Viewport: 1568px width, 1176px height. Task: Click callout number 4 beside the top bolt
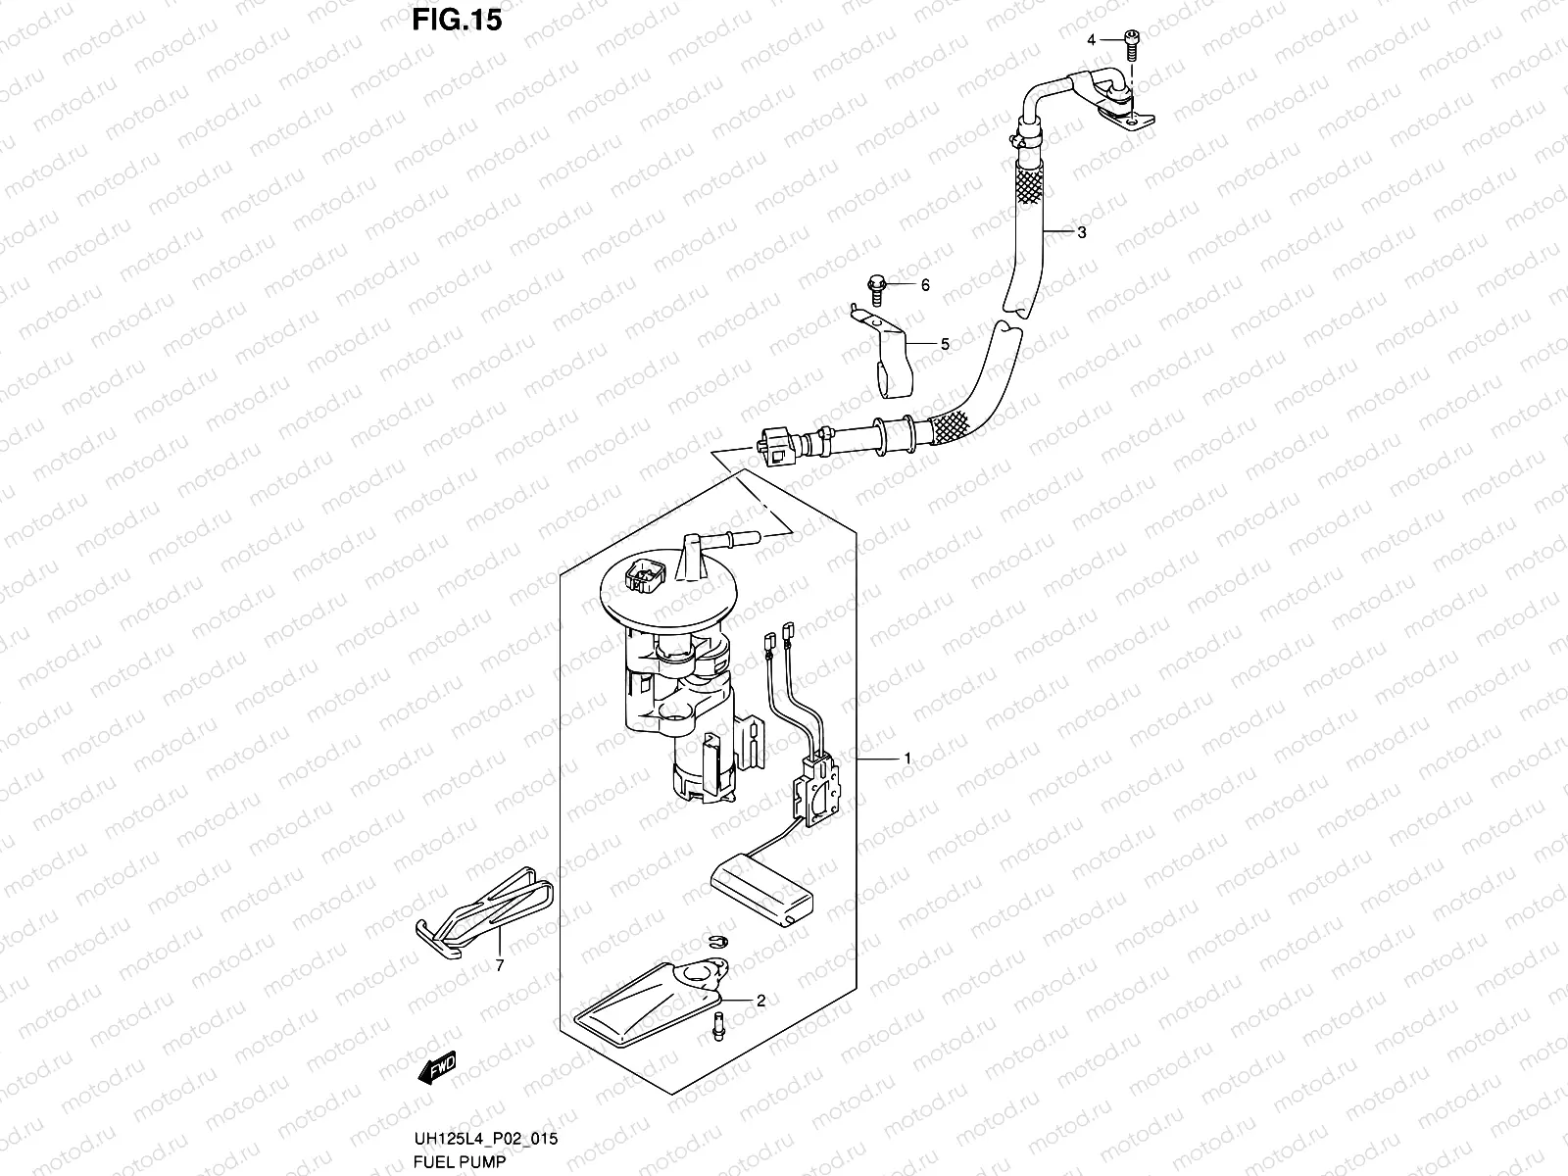(1091, 39)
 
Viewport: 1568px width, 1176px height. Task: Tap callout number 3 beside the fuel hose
(1080, 233)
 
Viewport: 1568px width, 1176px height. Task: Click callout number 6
(924, 285)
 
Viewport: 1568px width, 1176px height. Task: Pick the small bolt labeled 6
(876, 286)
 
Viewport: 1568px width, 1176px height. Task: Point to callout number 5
(945, 345)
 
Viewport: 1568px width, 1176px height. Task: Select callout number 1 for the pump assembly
(907, 759)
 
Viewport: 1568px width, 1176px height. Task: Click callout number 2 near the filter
(760, 1002)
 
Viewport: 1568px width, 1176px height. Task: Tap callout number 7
(499, 966)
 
